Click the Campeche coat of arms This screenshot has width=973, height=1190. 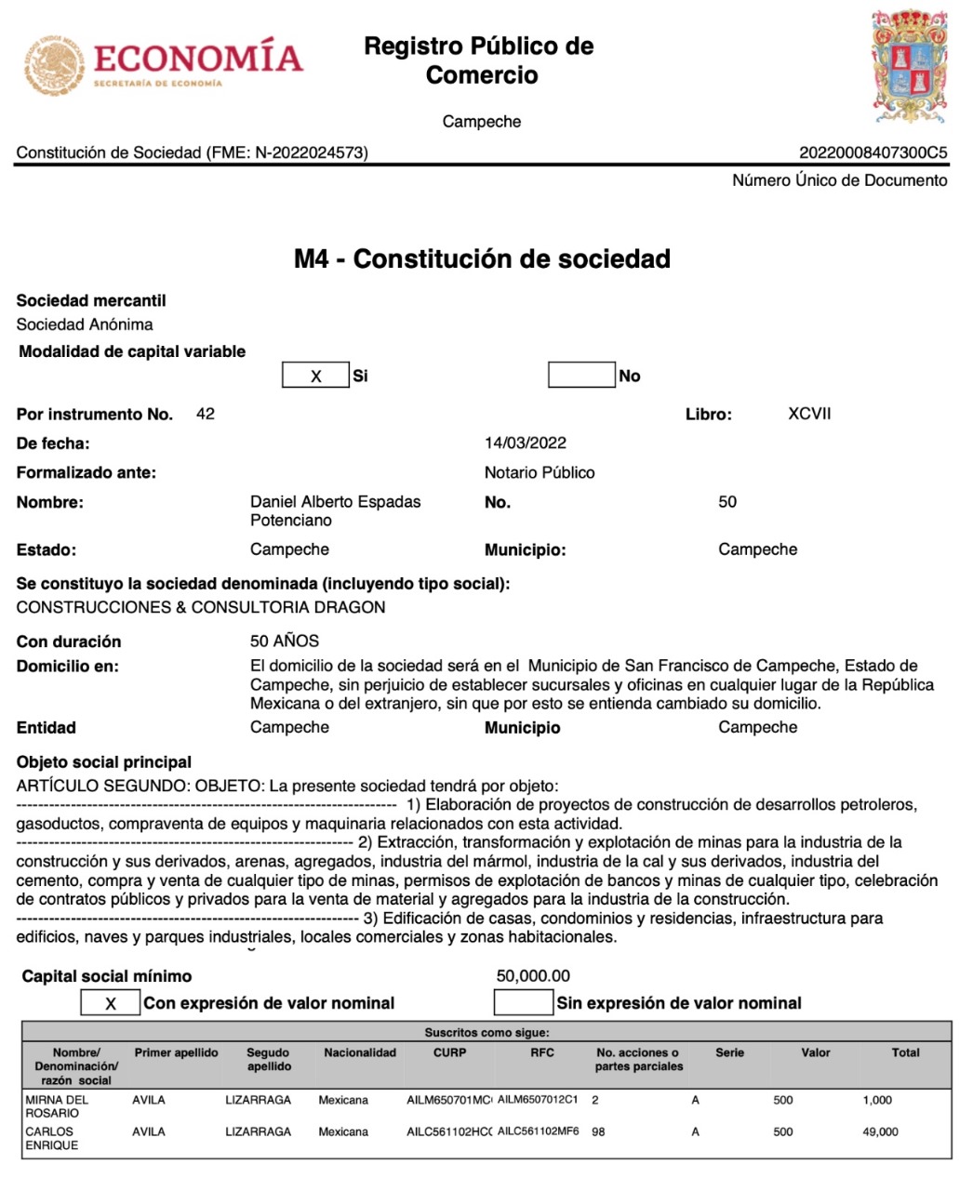click(911, 67)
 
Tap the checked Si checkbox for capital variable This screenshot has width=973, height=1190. click(316, 376)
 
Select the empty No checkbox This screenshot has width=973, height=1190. click(581, 375)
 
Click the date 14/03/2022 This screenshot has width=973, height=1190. click(526, 443)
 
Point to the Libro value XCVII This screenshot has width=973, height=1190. click(809, 414)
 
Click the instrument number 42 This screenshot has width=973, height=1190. click(206, 414)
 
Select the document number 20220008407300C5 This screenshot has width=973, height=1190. click(873, 152)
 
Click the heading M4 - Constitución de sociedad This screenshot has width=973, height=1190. click(482, 258)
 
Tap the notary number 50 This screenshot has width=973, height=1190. click(727, 502)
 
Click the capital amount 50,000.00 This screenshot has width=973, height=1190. click(533, 976)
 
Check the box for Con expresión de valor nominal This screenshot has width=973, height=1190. click(111, 1003)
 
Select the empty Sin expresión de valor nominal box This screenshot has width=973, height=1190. click(523, 1002)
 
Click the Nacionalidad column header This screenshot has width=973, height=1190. click(360, 1053)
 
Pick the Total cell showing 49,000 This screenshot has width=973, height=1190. click(880, 1131)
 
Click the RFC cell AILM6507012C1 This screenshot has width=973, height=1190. click(538, 1100)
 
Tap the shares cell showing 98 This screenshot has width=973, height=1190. click(598, 1131)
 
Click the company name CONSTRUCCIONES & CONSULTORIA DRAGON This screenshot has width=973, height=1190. click(201, 608)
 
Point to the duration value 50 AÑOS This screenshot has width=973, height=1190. click(285, 641)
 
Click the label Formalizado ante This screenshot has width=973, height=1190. click(87, 473)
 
